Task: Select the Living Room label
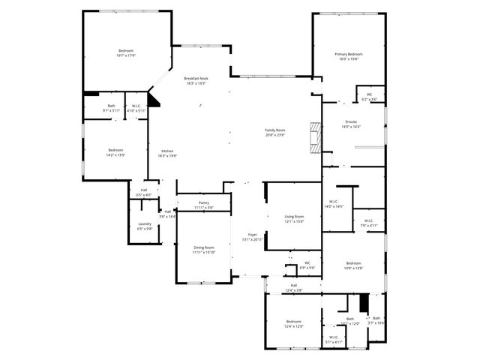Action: coord(293,218)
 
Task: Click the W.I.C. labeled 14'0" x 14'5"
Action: coord(334,203)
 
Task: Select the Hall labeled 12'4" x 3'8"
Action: coord(294,287)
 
